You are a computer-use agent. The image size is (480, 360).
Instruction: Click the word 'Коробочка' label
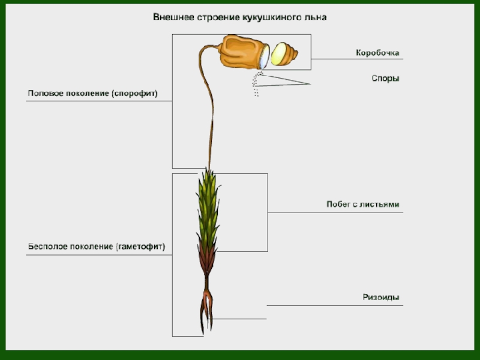tap(377, 53)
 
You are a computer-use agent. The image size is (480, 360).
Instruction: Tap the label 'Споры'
tap(385, 79)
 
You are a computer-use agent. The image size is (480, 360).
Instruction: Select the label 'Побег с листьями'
tap(362, 205)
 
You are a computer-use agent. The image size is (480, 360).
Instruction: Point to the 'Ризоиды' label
tap(381, 297)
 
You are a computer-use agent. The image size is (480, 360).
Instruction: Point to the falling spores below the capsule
tap(257, 84)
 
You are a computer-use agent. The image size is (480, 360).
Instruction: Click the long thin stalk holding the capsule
tap(212, 120)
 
